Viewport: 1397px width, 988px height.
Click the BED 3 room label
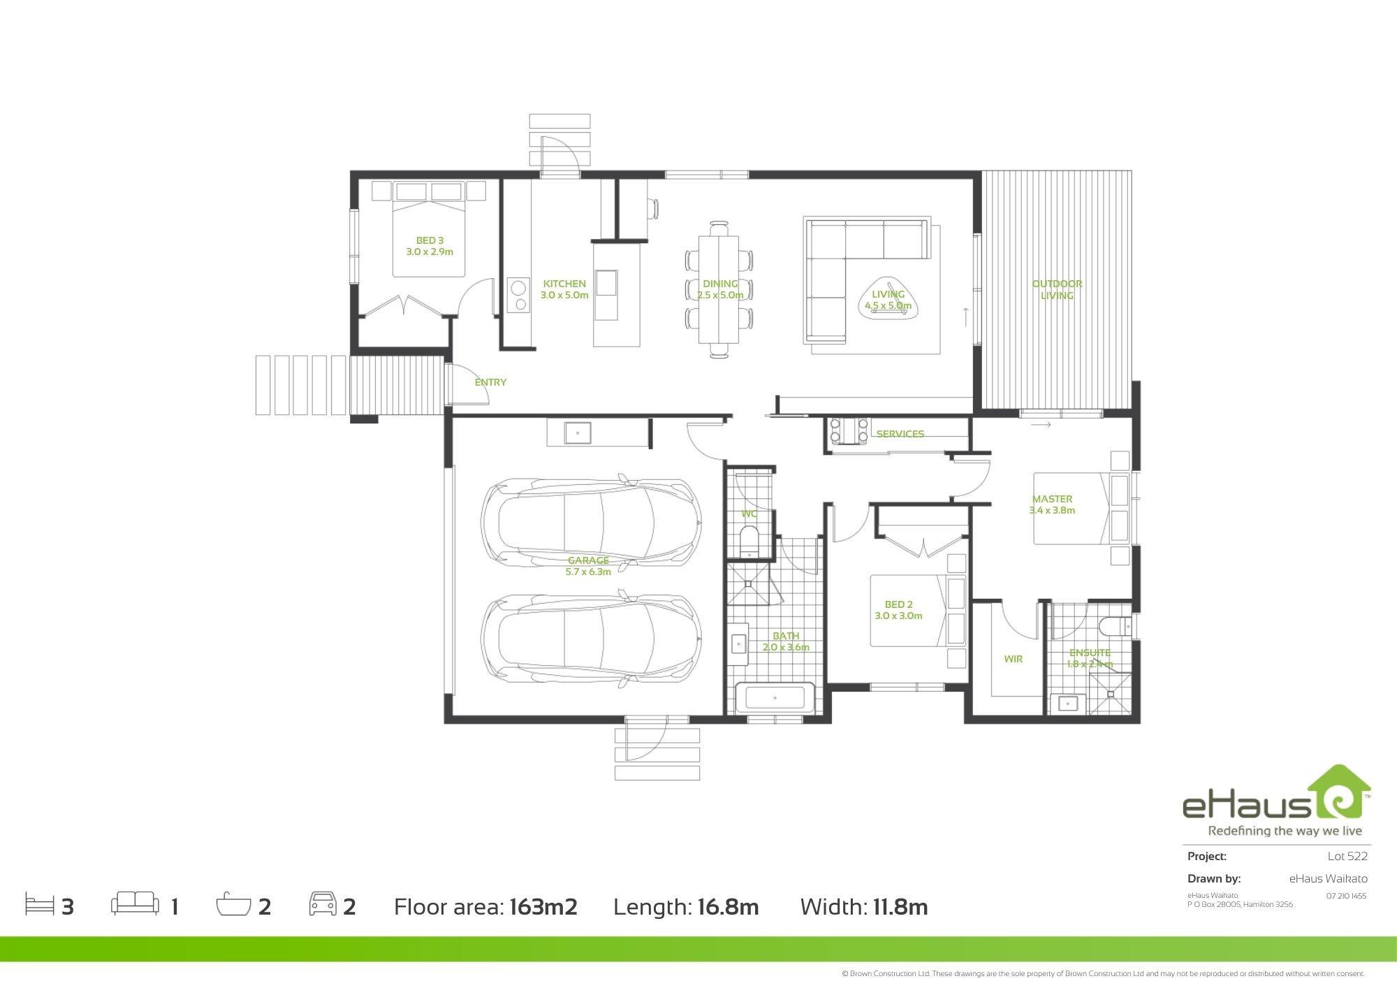click(x=430, y=246)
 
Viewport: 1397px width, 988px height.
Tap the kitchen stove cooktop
click(x=518, y=296)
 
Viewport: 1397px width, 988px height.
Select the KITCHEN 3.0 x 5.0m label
click(x=564, y=289)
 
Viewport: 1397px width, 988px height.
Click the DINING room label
click(x=720, y=289)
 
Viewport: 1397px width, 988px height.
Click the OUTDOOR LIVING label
click(x=1057, y=289)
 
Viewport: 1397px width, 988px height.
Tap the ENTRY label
click(x=490, y=382)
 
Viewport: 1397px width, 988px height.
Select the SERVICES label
click(x=900, y=434)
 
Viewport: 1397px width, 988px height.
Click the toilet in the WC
click(x=748, y=544)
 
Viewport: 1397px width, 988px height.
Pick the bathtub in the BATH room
click(x=774, y=698)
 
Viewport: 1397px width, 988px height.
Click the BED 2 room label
click(x=898, y=610)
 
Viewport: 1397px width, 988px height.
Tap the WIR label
click(x=1013, y=659)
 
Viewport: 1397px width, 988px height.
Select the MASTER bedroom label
click(x=1052, y=504)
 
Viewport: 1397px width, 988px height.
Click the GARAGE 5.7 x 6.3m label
click(x=588, y=566)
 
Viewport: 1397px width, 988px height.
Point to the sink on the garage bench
click(x=578, y=433)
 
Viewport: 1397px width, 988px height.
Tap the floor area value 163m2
click(x=543, y=907)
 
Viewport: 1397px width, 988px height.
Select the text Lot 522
click(x=1347, y=856)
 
